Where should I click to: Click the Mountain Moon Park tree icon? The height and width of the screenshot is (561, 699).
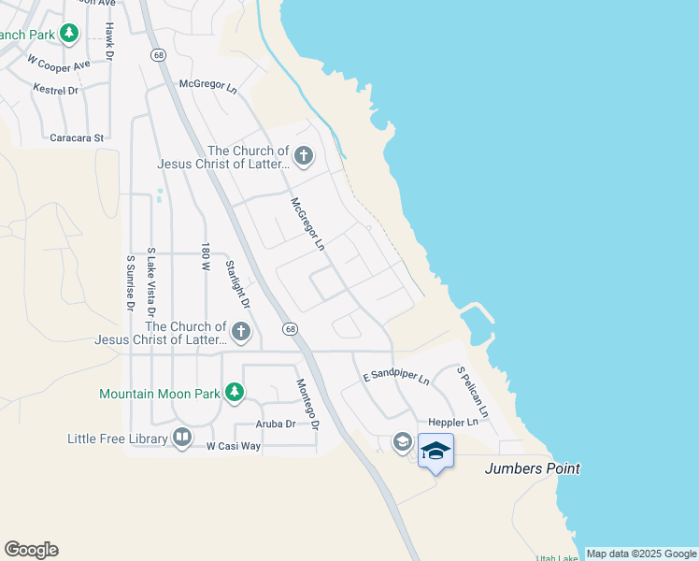click(x=235, y=393)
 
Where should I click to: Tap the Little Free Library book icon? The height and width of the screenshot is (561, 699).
click(x=182, y=437)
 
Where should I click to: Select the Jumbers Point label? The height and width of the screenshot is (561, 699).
click(x=532, y=468)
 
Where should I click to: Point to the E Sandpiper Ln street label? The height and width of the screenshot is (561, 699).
click(x=396, y=377)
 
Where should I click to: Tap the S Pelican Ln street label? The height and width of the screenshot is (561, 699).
click(x=473, y=392)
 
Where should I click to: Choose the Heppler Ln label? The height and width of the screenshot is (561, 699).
click(x=453, y=423)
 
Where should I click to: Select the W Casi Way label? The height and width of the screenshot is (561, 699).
click(x=233, y=446)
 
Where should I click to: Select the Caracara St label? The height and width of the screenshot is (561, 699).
click(x=77, y=137)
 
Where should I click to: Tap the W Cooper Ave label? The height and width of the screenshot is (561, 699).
click(x=59, y=64)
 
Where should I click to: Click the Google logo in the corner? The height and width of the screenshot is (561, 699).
click(x=31, y=550)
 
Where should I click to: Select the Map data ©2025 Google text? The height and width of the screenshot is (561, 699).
click(x=641, y=554)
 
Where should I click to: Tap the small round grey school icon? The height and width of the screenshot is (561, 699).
click(x=403, y=441)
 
